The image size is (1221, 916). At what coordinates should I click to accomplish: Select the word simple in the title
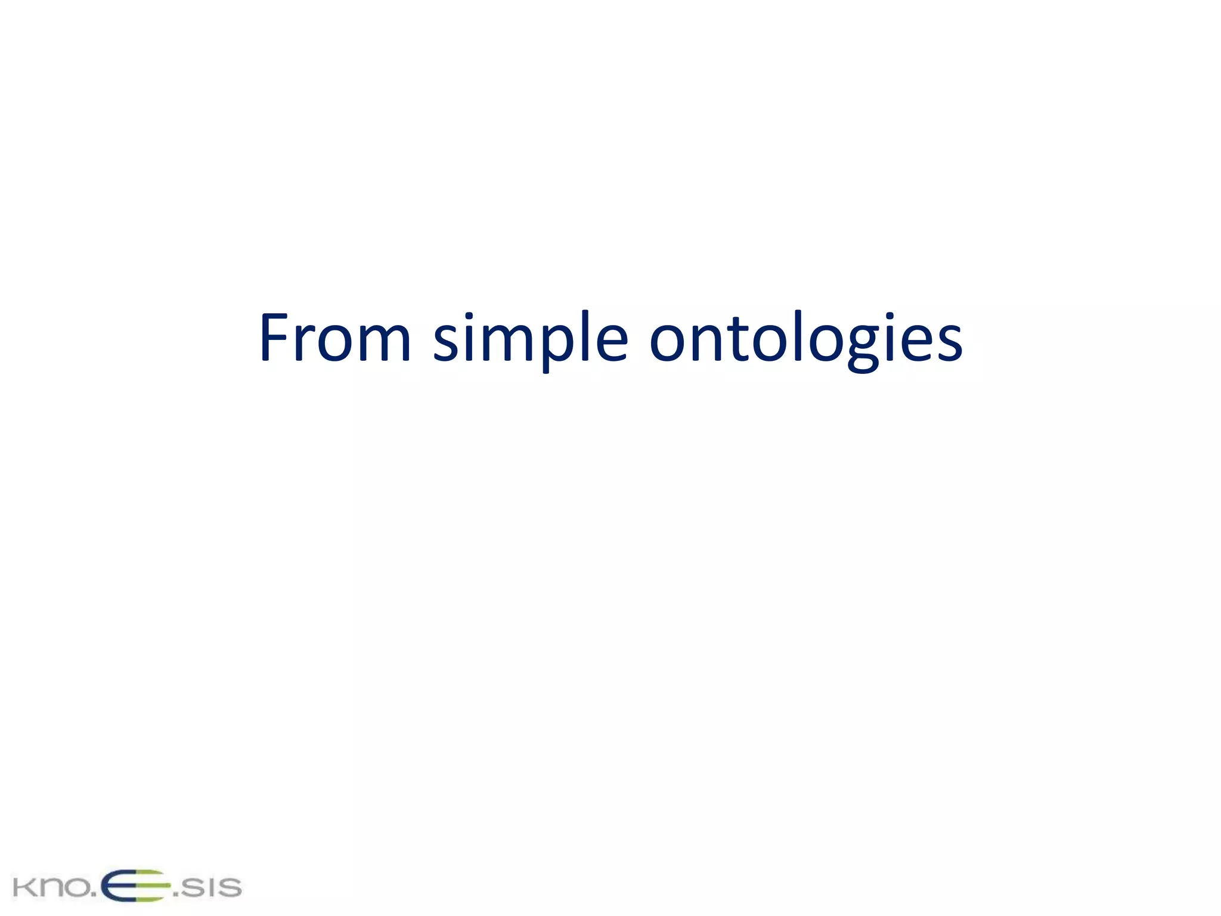[x=530, y=339]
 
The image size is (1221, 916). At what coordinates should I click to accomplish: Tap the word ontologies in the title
[x=805, y=339]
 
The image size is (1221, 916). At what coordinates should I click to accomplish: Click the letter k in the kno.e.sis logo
[x=23, y=887]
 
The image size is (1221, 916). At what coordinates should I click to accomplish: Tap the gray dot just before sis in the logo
[x=175, y=895]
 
